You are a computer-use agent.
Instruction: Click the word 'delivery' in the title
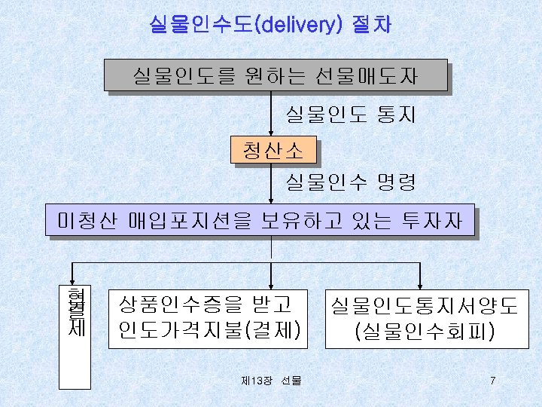pos(300,24)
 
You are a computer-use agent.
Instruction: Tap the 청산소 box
pos(273,151)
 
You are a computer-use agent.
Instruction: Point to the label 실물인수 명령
pos(350,181)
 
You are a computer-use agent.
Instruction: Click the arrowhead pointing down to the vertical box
pos(73,276)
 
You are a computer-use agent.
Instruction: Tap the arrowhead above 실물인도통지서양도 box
pos(419,276)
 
